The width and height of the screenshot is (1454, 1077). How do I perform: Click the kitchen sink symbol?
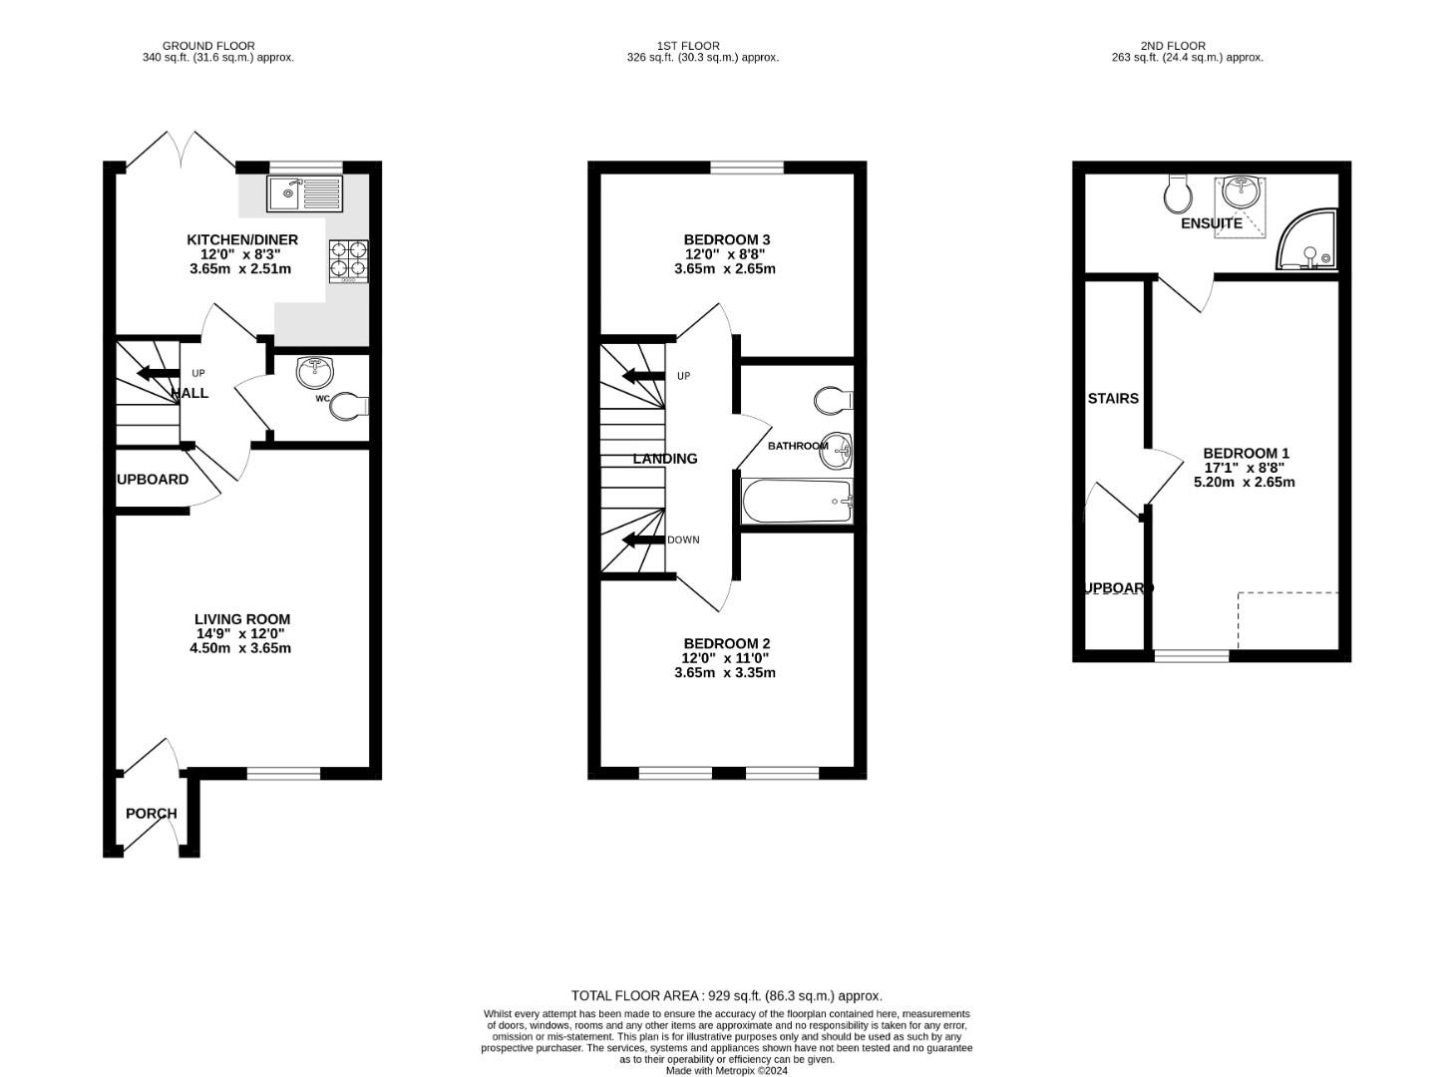304,192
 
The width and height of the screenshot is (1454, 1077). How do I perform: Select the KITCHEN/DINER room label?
242,239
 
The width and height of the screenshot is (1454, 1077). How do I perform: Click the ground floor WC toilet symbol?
348,406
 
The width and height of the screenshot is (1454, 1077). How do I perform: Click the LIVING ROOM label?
242,619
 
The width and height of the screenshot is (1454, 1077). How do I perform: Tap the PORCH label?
152,814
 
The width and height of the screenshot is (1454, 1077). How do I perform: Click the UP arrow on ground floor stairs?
158,374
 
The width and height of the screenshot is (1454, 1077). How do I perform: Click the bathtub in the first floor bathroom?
797,502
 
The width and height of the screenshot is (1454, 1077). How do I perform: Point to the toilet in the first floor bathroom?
832,401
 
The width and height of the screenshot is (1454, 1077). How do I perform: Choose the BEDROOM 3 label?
726,239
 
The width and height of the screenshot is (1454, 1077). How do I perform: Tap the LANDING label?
665,459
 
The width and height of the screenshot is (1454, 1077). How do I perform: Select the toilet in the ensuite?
1177,193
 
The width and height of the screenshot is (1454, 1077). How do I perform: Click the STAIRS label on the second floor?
1113,399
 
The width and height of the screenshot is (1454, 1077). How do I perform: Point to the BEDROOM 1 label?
1246,453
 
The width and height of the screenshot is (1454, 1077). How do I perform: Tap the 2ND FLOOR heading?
1173,46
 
